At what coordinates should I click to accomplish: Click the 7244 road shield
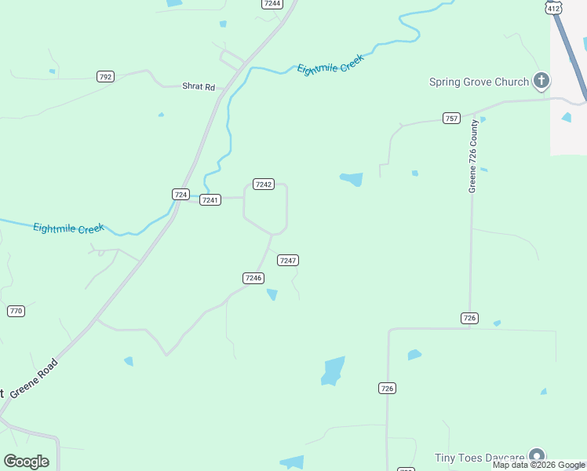pos(272,4)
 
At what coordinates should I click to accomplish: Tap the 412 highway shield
pos(554,7)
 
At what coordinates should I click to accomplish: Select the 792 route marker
pos(105,76)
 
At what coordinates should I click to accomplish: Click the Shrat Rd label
pos(198,86)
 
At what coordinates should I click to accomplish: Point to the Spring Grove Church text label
pos(478,82)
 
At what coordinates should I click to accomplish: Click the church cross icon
pos(541,80)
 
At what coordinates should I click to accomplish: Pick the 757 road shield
pos(451,119)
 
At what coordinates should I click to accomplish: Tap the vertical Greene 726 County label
pos(473,157)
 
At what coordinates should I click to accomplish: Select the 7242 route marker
pos(263,184)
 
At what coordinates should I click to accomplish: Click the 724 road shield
pos(180,194)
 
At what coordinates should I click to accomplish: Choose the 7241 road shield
pos(210,200)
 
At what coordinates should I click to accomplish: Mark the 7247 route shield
pos(288,260)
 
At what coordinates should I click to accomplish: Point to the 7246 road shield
pos(253,278)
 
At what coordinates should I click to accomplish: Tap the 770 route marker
pos(16,312)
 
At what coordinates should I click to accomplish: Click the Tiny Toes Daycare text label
pos(479,458)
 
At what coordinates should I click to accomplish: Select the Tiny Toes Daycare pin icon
pos(537,456)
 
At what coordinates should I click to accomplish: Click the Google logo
pos(26,462)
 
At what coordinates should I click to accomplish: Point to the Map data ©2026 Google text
pos(538,465)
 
